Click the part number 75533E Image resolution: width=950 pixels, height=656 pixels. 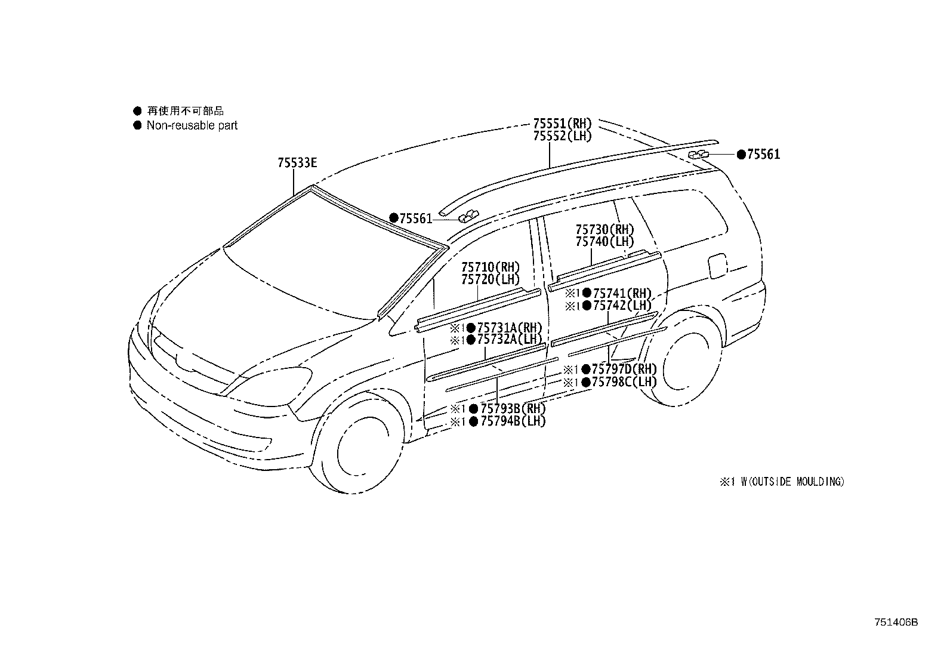coord(297,163)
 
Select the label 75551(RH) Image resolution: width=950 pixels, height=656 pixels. coord(562,124)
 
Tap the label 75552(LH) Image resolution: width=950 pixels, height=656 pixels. coord(562,135)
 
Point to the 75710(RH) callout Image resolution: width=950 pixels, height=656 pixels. coord(491,267)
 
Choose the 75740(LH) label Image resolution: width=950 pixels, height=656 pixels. coord(604,242)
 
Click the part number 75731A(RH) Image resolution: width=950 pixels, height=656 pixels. coord(510,328)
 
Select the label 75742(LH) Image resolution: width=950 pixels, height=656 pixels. coord(622,305)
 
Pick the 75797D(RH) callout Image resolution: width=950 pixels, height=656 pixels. coord(624,369)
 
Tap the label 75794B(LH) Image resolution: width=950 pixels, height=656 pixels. coord(513,421)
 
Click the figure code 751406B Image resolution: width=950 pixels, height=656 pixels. coord(896,623)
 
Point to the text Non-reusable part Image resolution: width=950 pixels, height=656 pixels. coord(192,125)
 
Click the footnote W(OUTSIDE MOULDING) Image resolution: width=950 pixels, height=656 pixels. coord(792,482)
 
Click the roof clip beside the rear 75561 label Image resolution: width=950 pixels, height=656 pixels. coord(698,155)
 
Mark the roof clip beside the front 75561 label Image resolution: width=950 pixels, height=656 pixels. coord(468,216)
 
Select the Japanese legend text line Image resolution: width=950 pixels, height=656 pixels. coord(186,111)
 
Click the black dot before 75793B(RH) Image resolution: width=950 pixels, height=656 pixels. coord(474,409)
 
